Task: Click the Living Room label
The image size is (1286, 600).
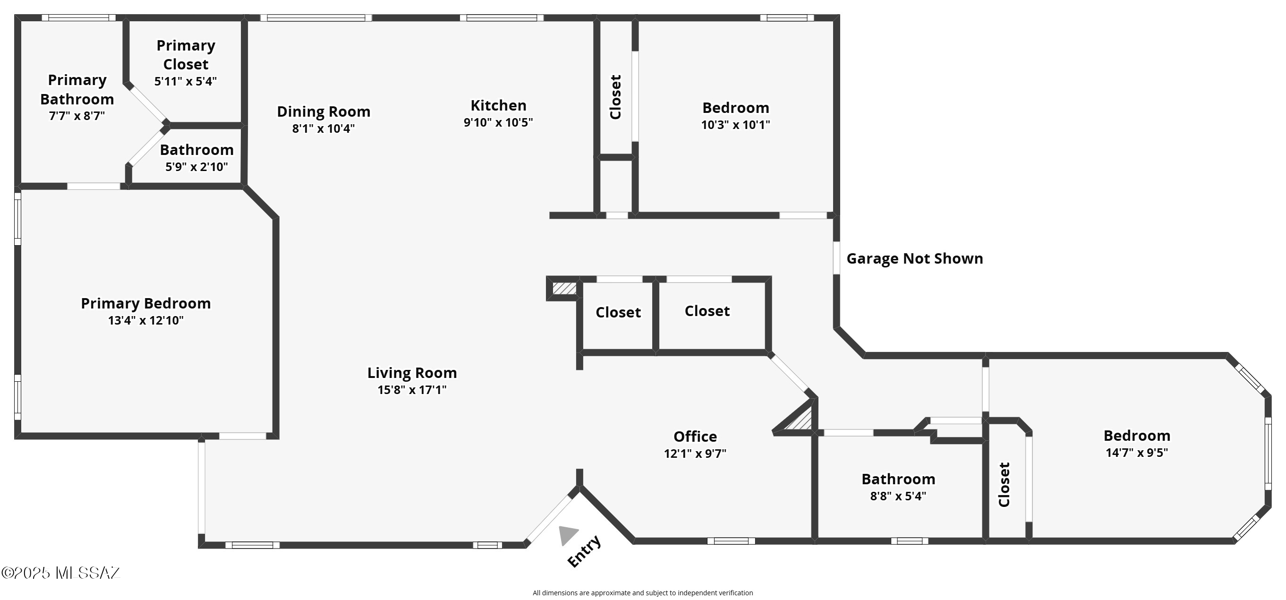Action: pos(412,373)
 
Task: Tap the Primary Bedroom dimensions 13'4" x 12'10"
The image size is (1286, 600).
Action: pos(146,320)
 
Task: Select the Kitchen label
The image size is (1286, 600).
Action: pos(498,105)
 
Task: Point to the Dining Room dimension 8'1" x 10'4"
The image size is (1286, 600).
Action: pos(324,129)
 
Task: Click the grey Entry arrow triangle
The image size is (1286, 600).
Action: pos(567,534)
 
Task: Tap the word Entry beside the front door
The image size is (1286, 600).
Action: pos(584,551)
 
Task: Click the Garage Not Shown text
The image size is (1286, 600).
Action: pos(915,258)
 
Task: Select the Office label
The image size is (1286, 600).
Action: pos(695,437)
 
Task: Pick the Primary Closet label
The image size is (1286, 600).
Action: pos(186,54)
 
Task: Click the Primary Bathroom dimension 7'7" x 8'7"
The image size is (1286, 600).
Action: pos(77,116)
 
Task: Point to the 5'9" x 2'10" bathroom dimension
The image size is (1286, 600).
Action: pos(196,166)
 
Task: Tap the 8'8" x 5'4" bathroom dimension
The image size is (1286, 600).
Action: pos(898,496)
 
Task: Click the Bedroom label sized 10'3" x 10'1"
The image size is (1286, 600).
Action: pos(735,107)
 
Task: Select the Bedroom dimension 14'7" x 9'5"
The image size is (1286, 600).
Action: pos(1137,453)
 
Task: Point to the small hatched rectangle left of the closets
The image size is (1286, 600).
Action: pos(564,288)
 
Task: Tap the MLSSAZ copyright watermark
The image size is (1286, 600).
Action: pos(61,573)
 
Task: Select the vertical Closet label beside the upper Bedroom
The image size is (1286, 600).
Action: pos(615,97)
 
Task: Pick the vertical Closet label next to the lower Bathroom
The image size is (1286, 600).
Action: pos(1004,485)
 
